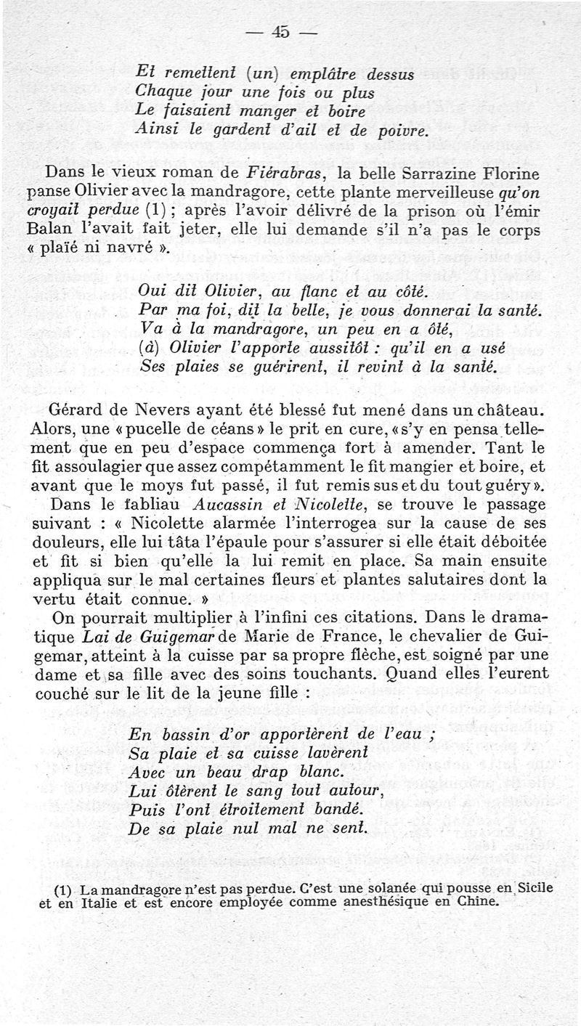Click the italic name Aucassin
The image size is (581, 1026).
point(206,503)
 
